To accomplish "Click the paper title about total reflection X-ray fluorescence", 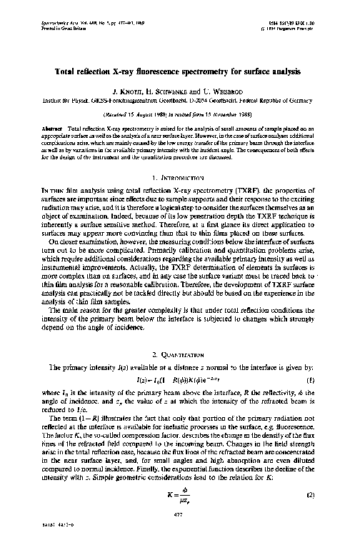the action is point(179,71).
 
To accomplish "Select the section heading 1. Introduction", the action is point(179,156).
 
